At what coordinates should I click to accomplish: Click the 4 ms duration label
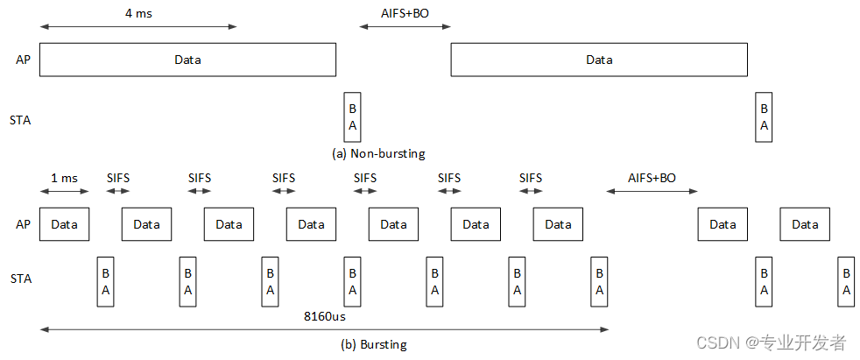pyautogui.click(x=137, y=14)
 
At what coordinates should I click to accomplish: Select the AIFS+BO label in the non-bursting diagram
pyautogui.click(x=405, y=14)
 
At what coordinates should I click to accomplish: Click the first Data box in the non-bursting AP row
pyautogui.click(x=187, y=60)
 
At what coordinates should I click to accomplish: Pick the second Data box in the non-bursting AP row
pyautogui.click(x=599, y=60)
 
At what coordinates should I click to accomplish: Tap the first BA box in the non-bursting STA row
pyautogui.click(x=352, y=117)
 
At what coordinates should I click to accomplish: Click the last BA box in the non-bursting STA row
pyautogui.click(x=764, y=117)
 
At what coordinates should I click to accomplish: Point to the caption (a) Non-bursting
pyautogui.click(x=378, y=153)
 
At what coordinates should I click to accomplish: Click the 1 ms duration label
pyautogui.click(x=64, y=178)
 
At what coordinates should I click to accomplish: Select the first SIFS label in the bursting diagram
pyautogui.click(x=118, y=178)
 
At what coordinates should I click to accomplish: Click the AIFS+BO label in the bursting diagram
pyautogui.click(x=652, y=178)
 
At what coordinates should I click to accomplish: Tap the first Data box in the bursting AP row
pyautogui.click(x=64, y=224)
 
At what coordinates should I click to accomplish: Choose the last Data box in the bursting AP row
pyautogui.click(x=805, y=224)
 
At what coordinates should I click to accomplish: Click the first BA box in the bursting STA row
pyautogui.click(x=105, y=282)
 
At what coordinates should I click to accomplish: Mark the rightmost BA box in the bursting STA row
pyautogui.click(x=846, y=282)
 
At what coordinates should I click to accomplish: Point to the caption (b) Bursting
pyautogui.click(x=374, y=344)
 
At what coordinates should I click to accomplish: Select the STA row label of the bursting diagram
pyautogui.click(x=19, y=279)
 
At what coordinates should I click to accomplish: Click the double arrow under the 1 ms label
pyautogui.click(x=64, y=191)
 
